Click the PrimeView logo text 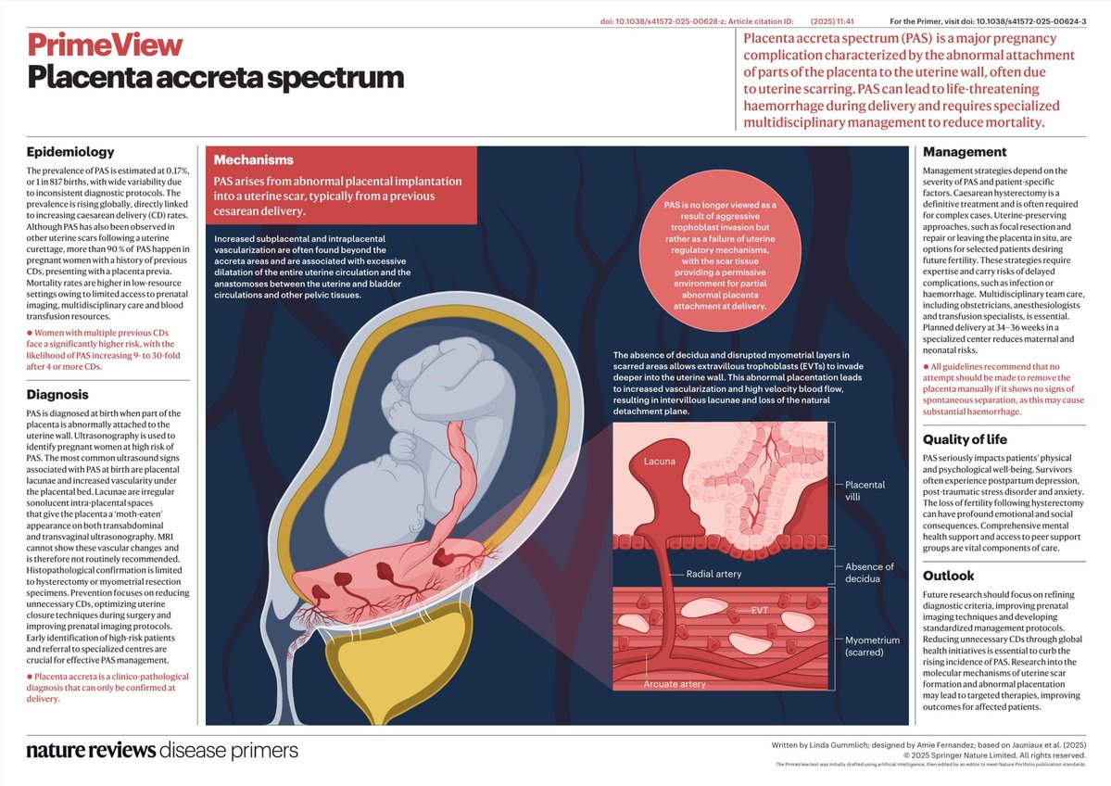[105, 44]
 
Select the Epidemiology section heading [70, 152]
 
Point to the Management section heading [965, 152]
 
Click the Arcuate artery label [675, 684]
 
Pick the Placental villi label [865, 490]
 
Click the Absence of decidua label [869, 573]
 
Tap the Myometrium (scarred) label [872, 646]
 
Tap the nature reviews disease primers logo [162, 751]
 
